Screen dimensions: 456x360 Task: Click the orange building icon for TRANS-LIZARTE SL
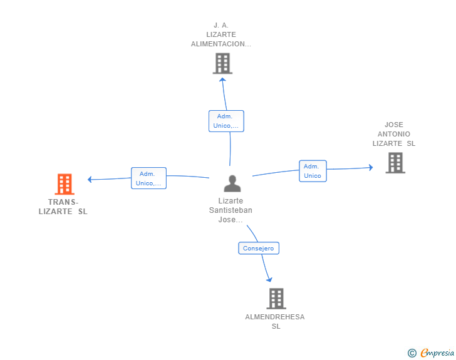point(65,184)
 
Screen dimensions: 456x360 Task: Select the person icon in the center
point(232,183)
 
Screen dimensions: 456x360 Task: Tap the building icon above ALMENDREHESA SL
point(276,299)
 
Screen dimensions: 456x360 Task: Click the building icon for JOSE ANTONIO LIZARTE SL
point(395,163)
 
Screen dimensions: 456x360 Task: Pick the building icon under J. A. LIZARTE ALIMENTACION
point(222,63)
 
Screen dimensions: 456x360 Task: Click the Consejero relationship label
point(259,249)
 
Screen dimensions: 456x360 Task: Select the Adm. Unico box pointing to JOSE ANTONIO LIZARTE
point(313,171)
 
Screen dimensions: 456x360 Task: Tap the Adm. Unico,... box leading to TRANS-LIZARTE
point(148,178)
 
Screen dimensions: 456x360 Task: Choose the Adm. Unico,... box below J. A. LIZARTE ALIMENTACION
point(226,121)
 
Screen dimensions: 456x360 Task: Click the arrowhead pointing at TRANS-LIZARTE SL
point(90,180)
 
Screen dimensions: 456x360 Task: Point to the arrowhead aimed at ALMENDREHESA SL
point(269,280)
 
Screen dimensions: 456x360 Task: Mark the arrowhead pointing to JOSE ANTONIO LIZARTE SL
point(371,168)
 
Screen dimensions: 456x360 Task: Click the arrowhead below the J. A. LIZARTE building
point(222,80)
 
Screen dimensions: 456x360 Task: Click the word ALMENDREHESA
point(275,317)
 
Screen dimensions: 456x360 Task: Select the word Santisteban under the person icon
point(231,210)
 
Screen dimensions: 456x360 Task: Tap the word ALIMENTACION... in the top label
point(221,44)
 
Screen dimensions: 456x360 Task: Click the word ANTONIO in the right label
point(394,134)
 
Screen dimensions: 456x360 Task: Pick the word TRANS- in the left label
point(63,202)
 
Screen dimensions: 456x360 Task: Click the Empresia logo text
point(437,352)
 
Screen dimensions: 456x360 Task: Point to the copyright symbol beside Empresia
point(412,353)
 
